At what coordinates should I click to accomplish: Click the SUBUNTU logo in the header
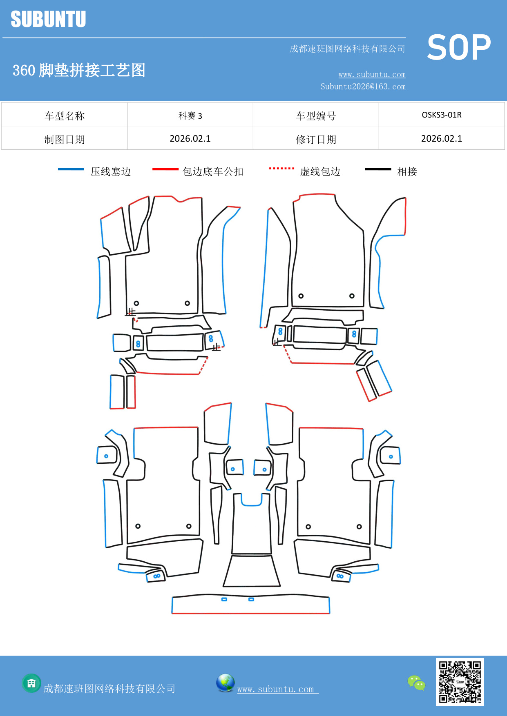pos(48,19)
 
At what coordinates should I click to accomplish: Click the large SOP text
pos(459,48)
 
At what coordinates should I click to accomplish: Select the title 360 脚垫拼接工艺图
pos(79,70)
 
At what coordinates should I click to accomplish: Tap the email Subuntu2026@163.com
pos(363,87)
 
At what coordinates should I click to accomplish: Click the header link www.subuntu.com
pos(372,75)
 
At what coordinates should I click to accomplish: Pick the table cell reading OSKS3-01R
pos(441,115)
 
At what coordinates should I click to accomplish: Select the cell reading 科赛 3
pos(190,116)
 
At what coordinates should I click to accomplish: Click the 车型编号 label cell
pos(316,116)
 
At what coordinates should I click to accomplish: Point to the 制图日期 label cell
pos(65,140)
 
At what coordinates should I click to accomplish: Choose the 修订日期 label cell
pos(316,140)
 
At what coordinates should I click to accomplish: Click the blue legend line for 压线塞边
pos(71,169)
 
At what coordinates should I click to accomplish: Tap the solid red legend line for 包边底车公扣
pos(165,169)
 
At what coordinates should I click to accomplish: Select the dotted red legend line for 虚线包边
pos(281,168)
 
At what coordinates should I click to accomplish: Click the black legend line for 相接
pos(378,169)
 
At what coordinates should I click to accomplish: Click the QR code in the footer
pos(460,682)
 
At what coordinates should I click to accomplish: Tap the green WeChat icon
pos(416,683)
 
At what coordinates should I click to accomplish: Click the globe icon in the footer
pos(225,683)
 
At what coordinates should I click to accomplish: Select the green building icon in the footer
pos(31,683)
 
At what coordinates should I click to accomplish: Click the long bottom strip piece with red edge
pos(250,605)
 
